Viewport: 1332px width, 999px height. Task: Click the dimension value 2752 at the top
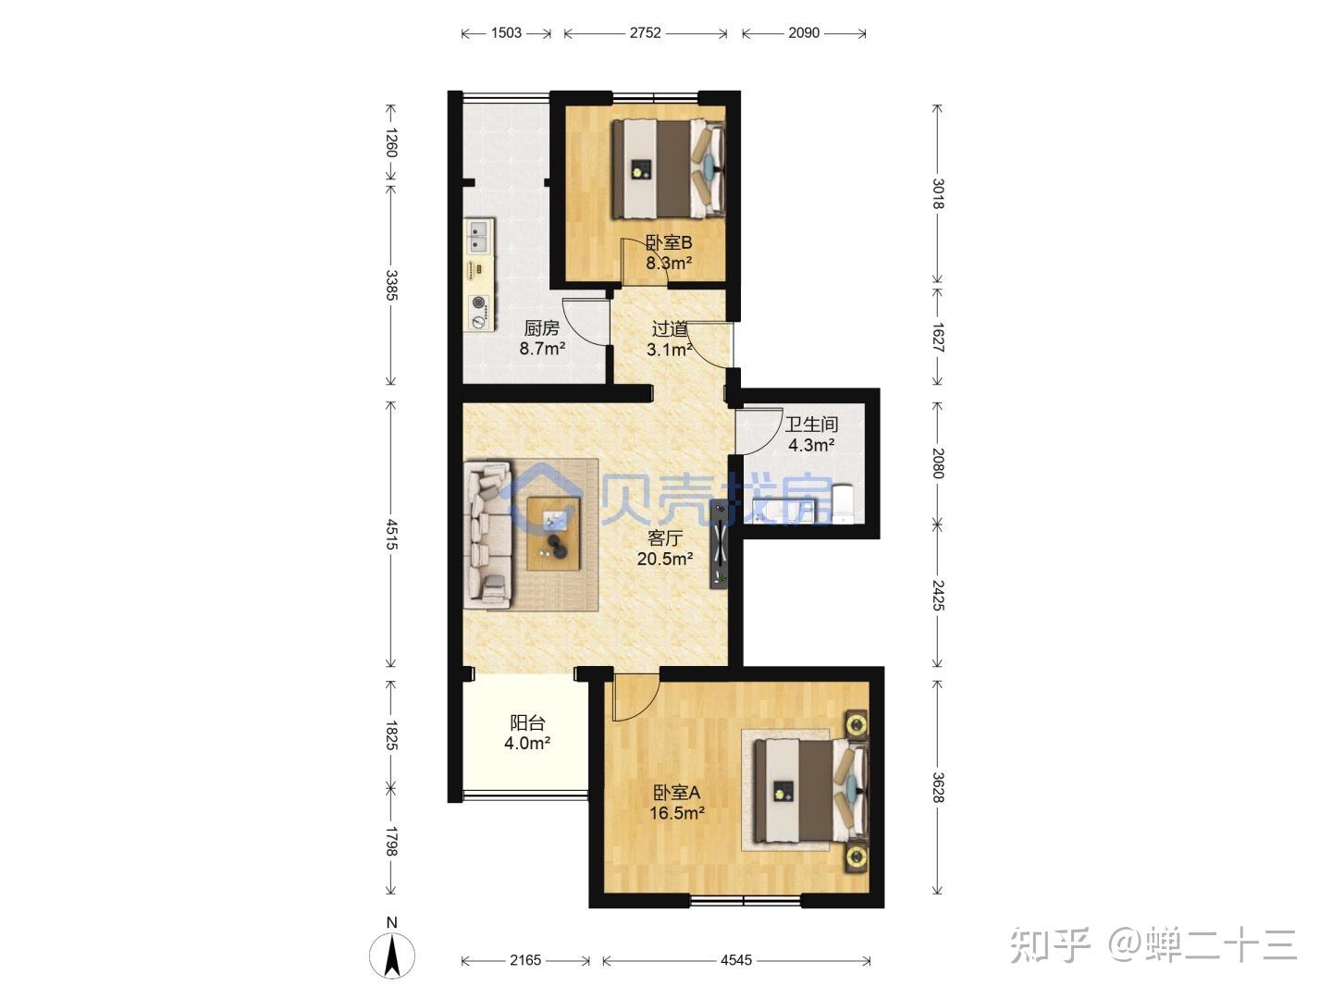645,32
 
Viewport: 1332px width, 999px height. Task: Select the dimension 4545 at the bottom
736,959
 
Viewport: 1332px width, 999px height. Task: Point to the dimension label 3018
938,193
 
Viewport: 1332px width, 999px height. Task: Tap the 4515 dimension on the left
391,534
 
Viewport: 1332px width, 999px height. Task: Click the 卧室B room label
668,242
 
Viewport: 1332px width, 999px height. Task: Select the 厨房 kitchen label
541,328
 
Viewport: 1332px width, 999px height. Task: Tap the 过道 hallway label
670,328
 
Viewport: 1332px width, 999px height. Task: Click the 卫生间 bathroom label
811,424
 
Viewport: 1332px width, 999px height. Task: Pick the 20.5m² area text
665,559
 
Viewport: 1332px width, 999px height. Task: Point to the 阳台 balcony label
527,722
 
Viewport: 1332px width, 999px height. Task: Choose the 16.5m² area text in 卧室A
677,813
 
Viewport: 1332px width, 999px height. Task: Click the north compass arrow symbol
392,956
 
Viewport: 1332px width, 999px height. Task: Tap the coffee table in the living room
553,534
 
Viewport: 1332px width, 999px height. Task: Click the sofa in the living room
487,535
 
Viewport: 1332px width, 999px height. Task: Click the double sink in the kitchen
479,237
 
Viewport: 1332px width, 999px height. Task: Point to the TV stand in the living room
719,544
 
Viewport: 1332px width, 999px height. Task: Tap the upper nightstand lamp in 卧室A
857,724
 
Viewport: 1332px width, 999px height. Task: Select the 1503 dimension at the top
506,32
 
